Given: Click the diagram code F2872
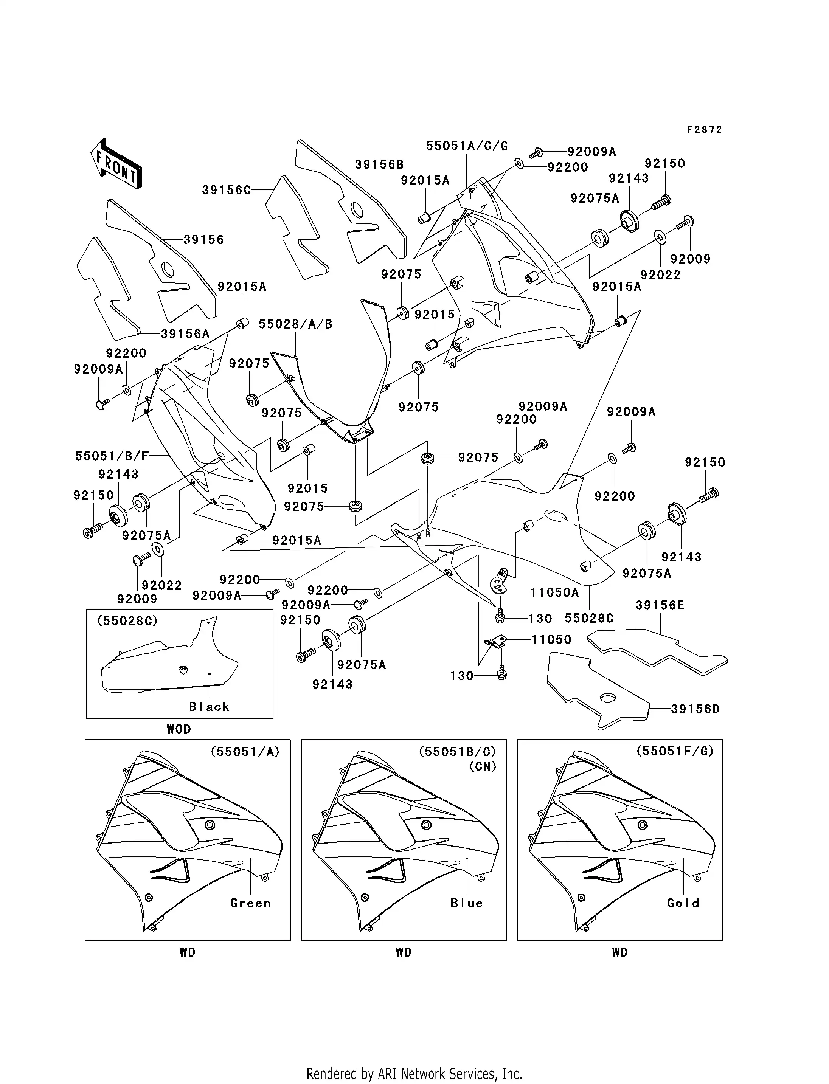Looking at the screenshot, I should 704,130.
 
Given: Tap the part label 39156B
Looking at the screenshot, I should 379,165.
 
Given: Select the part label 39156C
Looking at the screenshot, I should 227,190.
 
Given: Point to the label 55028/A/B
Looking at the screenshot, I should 296,324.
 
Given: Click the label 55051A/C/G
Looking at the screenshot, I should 467,146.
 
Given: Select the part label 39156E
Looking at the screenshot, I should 660,605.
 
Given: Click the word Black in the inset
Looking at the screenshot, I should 209,707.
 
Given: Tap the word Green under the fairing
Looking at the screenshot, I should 251,903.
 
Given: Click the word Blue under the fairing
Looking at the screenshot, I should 466,903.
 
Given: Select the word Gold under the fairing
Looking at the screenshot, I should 683,903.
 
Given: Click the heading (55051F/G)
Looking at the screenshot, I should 675,751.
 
